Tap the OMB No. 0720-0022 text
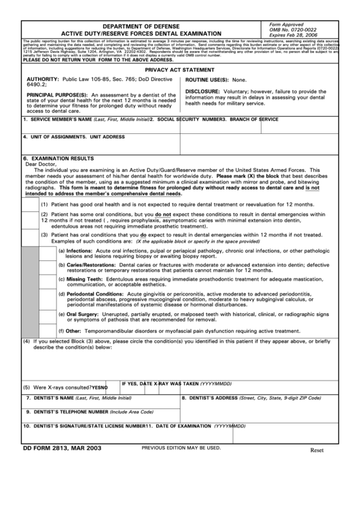(x=293, y=29)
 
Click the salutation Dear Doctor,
(x=42, y=164)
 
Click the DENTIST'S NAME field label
(x=52, y=398)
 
